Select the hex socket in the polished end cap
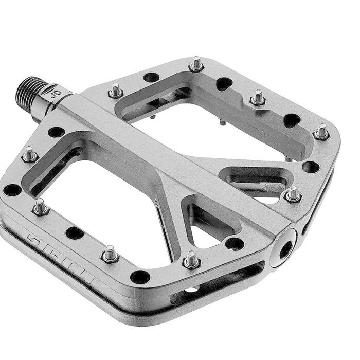(x=284, y=248)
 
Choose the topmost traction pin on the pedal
(x=197, y=65)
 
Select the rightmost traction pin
(x=322, y=132)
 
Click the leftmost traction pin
(x=30, y=154)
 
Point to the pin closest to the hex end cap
(x=293, y=194)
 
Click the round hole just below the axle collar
(x=55, y=132)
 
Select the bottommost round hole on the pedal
(x=139, y=277)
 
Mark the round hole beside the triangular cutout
(x=234, y=243)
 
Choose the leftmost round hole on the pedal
(x=12, y=190)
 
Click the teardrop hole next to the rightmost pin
(x=292, y=120)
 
